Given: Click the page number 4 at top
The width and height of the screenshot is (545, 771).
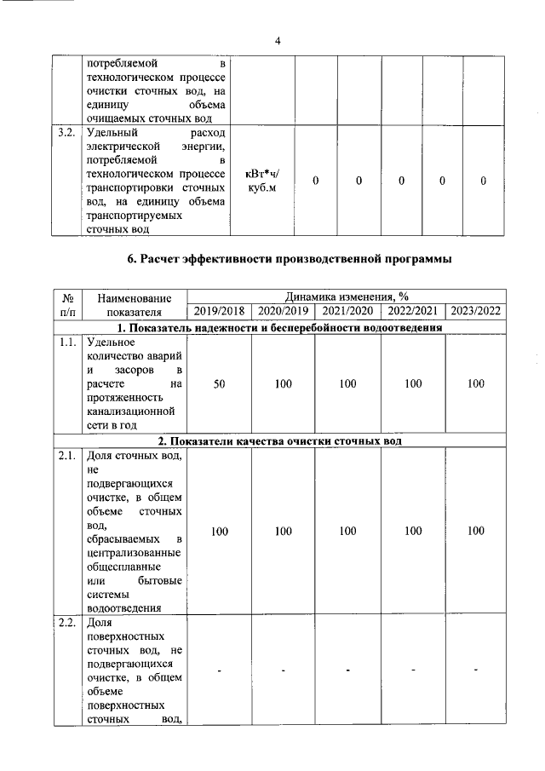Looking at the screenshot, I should pos(277,41).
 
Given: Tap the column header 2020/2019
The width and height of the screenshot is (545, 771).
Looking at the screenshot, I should pos(283,311).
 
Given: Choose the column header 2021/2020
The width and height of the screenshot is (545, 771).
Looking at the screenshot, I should pos(347,311).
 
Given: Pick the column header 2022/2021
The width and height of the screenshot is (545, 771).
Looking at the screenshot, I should pos(413,311).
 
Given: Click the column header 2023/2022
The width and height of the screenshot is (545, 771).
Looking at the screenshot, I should pos(477,311).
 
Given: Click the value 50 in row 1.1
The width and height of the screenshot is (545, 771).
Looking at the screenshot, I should pos(219,384).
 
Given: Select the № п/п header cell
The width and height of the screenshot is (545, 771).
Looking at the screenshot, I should pos(67,304).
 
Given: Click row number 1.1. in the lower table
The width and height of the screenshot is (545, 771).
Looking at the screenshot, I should pos(67,342).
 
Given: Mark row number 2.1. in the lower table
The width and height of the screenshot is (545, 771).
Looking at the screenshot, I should pos(67,456).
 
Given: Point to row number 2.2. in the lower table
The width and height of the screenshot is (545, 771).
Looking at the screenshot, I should pos(67,623).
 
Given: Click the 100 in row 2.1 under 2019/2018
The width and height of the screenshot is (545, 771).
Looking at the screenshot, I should pos(219,531).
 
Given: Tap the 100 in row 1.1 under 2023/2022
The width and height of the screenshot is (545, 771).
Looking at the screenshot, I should pos(477,384).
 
